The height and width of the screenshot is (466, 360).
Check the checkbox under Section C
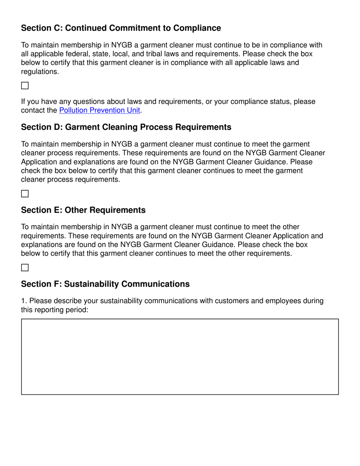[x=25, y=85]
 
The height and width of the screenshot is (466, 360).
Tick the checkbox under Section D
[x=25, y=194]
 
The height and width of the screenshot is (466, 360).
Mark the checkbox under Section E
[x=25, y=267]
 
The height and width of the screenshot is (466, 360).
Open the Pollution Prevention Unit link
[x=100, y=110]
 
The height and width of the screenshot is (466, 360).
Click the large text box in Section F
[x=180, y=357]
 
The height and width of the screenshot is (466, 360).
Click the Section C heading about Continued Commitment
[x=121, y=28]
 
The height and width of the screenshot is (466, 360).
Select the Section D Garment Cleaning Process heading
[x=126, y=127]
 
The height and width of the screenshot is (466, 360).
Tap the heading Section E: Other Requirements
[x=83, y=210]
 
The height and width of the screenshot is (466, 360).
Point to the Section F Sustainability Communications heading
[x=105, y=284]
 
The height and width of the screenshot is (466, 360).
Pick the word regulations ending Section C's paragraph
[x=39, y=71]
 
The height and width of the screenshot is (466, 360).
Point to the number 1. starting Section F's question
[x=24, y=301]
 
